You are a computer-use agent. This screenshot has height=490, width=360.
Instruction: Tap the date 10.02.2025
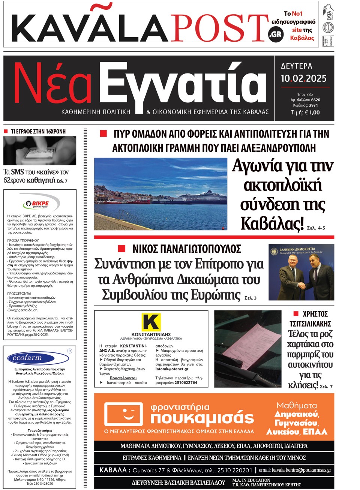tap(303, 78)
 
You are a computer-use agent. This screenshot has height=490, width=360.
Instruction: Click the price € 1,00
tap(312, 112)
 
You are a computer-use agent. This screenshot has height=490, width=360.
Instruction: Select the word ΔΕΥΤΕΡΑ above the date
tap(296, 66)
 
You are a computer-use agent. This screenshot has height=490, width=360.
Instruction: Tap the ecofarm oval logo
tap(27, 358)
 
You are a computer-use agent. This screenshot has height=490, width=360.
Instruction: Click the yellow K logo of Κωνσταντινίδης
tap(151, 322)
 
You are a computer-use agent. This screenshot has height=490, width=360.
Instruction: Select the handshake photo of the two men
tap(301, 272)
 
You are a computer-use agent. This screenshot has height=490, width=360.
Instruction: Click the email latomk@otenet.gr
tap(172, 369)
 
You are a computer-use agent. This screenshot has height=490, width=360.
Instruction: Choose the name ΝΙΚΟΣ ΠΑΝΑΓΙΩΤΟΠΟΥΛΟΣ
tap(187, 249)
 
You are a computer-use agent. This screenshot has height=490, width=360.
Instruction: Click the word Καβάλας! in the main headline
tap(271, 223)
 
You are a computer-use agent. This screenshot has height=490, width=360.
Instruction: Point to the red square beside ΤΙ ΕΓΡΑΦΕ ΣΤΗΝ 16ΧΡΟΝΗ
tap(6, 132)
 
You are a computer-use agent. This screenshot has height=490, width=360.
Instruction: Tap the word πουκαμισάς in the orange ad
tap(202, 418)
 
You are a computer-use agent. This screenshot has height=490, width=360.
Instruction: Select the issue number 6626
tap(315, 100)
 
